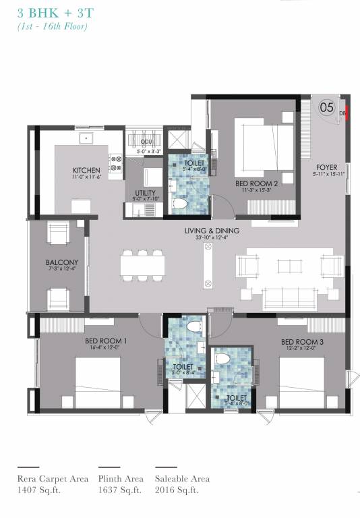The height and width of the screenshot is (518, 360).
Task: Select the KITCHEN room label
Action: click(87, 170)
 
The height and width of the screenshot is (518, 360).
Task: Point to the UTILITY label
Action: click(145, 192)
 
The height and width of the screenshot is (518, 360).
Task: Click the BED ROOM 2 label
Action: click(256, 183)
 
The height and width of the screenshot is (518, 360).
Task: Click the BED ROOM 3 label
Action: click(302, 343)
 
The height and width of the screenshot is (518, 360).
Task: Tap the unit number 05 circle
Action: click(326, 107)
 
